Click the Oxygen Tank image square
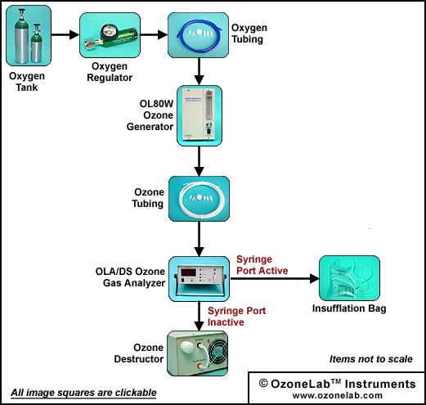click(29, 36)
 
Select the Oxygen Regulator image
click(110, 35)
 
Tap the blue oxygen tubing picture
click(198, 35)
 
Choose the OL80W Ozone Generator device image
click(200, 115)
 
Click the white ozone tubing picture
click(199, 199)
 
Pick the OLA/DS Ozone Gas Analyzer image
click(199, 279)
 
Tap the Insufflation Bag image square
click(349, 278)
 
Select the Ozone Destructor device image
click(197, 353)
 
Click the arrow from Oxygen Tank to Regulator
click(65, 35)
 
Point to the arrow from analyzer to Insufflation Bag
click(275, 278)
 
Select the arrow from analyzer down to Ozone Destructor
click(200, 316)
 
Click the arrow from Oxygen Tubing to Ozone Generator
click(200, 71)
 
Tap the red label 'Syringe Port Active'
click(262, 265)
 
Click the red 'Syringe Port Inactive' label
click(236, 317)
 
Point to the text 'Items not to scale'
click(371, 359)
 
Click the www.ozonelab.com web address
click(338, 395)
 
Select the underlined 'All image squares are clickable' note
click(83, 393)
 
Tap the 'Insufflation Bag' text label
click(349, 308)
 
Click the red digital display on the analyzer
click(189, 272)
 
